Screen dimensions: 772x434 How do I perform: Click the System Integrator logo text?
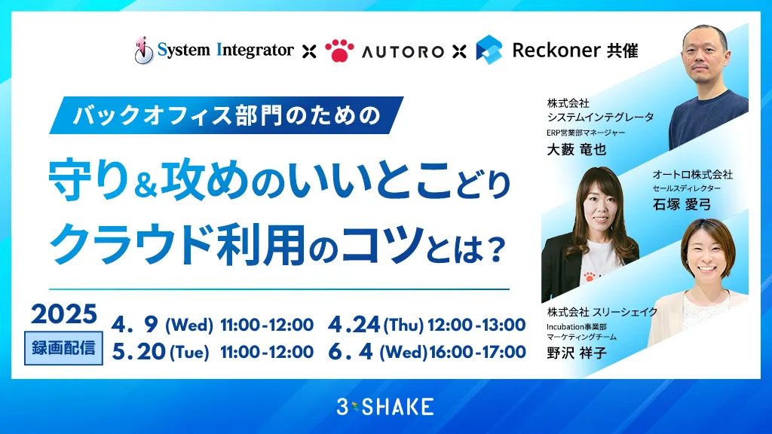225,50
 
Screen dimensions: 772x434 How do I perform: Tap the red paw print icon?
339,50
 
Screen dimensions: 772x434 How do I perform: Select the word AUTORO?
403,51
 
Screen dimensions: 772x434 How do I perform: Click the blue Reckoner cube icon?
489,49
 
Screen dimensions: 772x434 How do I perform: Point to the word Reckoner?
556,50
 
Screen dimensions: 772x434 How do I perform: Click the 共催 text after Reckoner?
622,50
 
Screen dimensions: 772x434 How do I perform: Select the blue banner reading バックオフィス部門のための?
226,115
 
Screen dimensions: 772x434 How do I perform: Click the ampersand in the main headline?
145,185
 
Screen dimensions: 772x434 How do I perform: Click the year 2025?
64,314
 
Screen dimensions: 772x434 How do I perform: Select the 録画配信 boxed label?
63,348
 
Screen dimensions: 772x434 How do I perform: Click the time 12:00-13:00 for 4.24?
476,325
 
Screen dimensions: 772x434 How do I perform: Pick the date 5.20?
139,351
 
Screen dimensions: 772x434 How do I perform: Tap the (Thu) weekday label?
403,325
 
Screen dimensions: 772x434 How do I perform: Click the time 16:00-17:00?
477,352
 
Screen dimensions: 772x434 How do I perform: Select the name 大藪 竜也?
576,150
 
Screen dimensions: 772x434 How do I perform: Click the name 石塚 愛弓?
682,203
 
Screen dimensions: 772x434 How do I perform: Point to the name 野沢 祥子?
577,353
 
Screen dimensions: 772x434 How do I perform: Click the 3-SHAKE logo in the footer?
385,407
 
